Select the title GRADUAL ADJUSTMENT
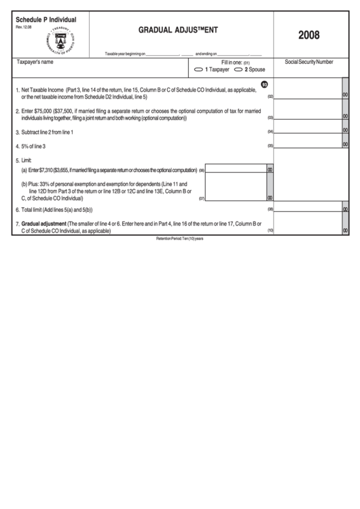click(x=179, y=30)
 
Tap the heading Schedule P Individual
click(x=46, y=20)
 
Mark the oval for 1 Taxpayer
click(x=199, y=69)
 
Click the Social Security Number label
click(x=309, y=62)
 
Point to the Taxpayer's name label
click(x=34, y=62)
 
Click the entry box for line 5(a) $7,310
click(x=235, y=169)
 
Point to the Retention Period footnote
click(x=180, y=239)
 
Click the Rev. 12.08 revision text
click(x=24, y=27)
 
